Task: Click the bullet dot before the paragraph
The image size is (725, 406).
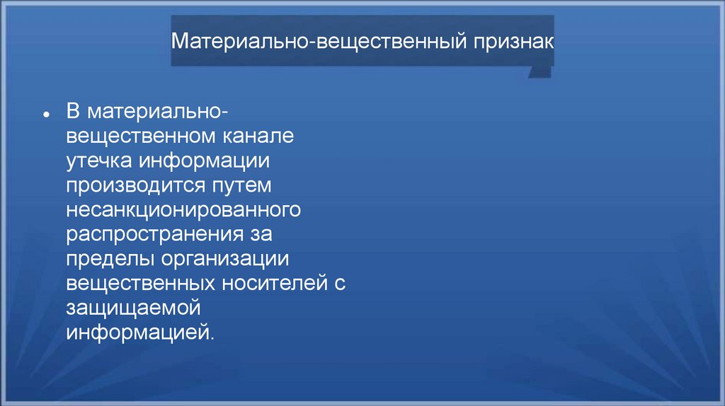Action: (x=45, y=115)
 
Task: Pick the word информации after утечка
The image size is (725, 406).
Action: (x=204, y=161)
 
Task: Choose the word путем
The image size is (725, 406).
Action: (x=242, y=185)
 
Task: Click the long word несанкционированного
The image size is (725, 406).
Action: (x=185, y=210)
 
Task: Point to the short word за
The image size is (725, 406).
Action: (x=261, y=235)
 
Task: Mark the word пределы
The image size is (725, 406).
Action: (x=110, y=259)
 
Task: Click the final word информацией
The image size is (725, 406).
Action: (x=139, y=332)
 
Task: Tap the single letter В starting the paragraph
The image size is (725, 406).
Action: (x=74, y=112)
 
